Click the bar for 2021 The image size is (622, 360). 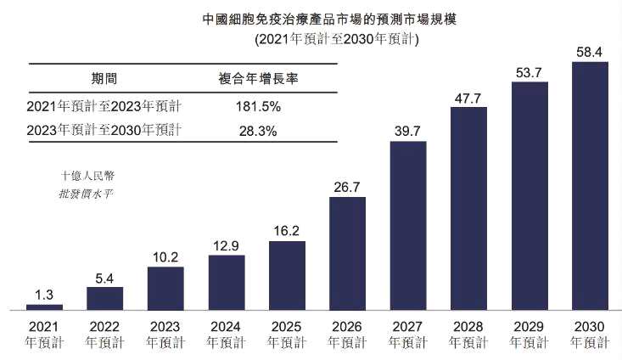tap(44, 307)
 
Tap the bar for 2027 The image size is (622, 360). tap(408, 225)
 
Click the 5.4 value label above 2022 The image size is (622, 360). tap(104, 277)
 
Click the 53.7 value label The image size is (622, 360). tap(530, 71)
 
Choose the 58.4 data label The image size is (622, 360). tap(591, 52)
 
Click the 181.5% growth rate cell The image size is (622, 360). tap(256, 107)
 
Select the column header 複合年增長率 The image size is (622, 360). tap(257, 79)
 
